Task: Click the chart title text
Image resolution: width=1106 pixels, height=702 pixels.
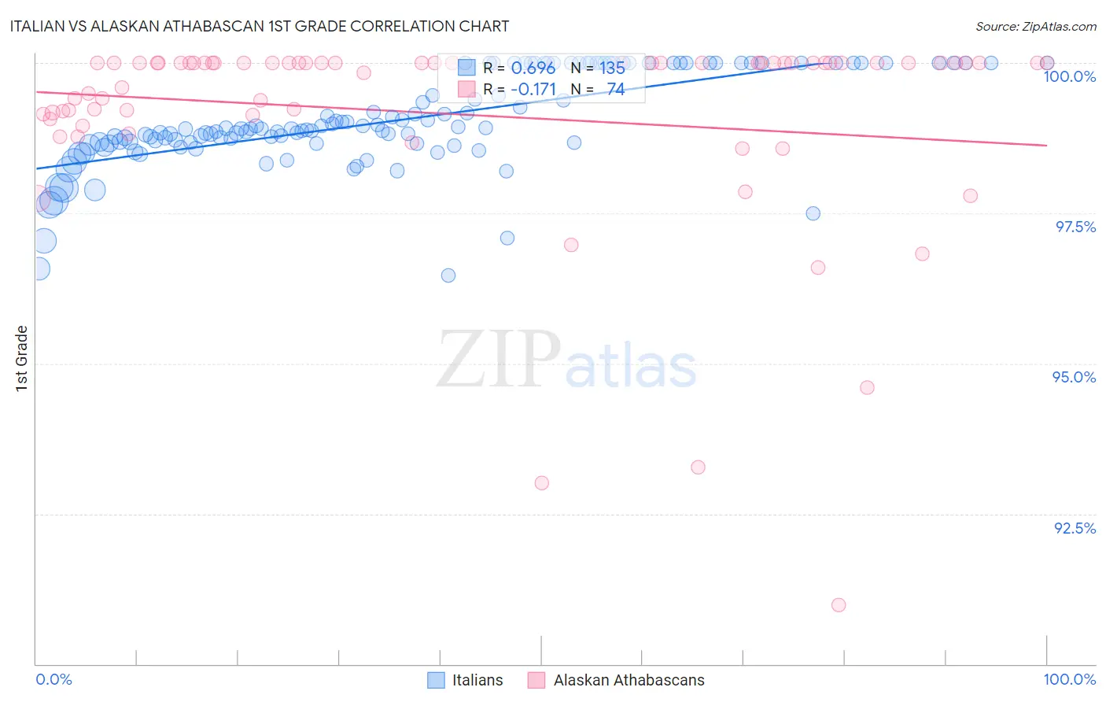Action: click(260, 26)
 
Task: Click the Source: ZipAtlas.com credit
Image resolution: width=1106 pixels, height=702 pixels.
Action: click(1035, 26)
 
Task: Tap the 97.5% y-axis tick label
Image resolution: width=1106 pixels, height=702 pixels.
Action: click(1075, 227)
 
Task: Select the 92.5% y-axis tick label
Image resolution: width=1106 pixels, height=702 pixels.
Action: click(1075, 528)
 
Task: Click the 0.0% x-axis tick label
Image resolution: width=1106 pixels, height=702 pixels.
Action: click(53, 679)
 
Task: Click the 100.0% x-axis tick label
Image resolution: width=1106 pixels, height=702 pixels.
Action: click(1069, 679)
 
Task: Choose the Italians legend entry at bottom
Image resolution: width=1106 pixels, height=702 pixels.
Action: click(465, 680)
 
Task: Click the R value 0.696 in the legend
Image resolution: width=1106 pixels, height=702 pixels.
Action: click(533, 68)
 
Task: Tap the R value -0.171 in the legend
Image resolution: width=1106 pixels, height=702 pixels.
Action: click(533, 90)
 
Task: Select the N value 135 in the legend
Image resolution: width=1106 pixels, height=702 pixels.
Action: click(612, 68)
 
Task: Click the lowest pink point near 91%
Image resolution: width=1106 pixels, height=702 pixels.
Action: click(839, 605)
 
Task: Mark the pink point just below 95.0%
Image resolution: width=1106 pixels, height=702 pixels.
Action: click(867, 387)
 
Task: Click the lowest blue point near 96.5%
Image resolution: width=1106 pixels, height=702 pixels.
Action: click(448, 275)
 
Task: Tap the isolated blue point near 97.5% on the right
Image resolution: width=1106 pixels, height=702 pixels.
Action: click(813, 213)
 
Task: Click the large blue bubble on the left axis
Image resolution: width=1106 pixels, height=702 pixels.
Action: click(44, 241)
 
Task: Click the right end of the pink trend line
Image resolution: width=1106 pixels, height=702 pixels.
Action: click(1046, 145)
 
